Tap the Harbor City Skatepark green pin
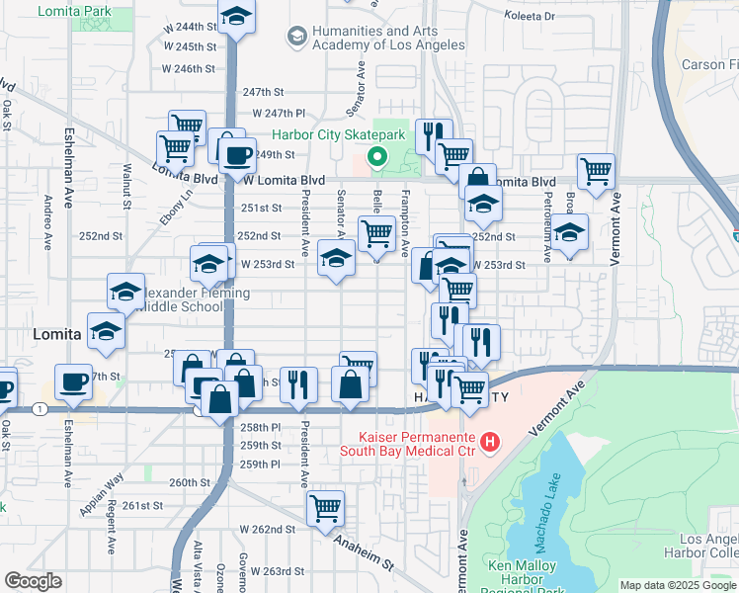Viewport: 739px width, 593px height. click(376, 156)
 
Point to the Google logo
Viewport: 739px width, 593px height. click(34, 581)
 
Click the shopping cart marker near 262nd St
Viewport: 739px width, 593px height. click(325, 509)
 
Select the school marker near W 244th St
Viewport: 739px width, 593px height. click(236, 17)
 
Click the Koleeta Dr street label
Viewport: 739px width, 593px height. click(531, 16)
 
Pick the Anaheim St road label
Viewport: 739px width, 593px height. click(364, 553)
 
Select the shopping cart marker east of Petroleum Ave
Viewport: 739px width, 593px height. click(596, 172)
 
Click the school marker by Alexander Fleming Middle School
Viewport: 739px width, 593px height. click(125, 292)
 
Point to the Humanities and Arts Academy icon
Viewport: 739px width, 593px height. click(295, 38)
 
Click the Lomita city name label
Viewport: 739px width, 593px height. click(57, 335)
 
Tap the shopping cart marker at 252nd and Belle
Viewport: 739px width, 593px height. click(376, 233)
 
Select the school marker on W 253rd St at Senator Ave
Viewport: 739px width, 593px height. click(336, 260)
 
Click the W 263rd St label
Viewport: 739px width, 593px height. click(277, 571)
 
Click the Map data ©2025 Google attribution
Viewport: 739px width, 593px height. click(677, 585)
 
